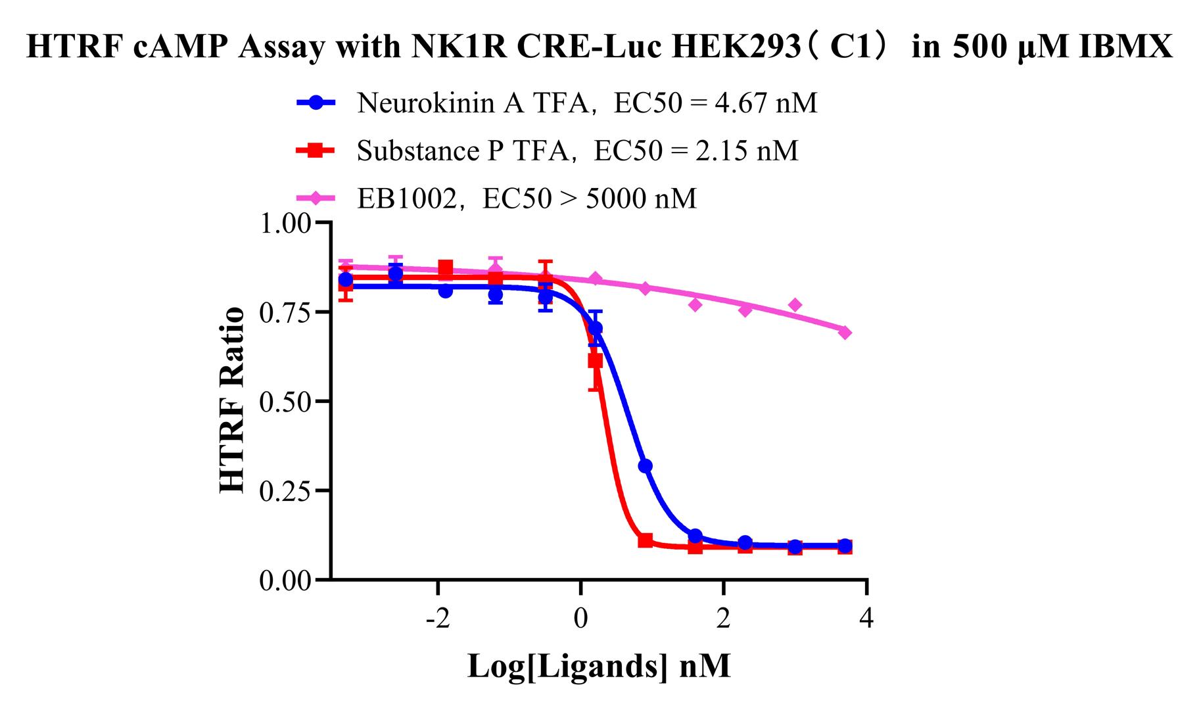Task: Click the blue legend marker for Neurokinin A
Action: (316, 103)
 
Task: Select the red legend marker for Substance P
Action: (316, 151)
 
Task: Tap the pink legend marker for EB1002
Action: (316, 198)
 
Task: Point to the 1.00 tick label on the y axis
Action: (285, 224)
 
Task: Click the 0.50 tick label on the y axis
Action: (285, 401)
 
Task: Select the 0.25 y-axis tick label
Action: (285, 490)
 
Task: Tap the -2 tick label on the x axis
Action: (438, 619)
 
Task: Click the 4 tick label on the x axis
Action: (867, 619)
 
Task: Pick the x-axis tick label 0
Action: (581, 619)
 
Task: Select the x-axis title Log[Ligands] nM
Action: (599, 666)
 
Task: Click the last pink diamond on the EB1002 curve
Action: (845, 333)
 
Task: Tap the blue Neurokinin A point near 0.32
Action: (645, 466)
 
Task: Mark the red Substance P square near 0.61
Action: (595, 361)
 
